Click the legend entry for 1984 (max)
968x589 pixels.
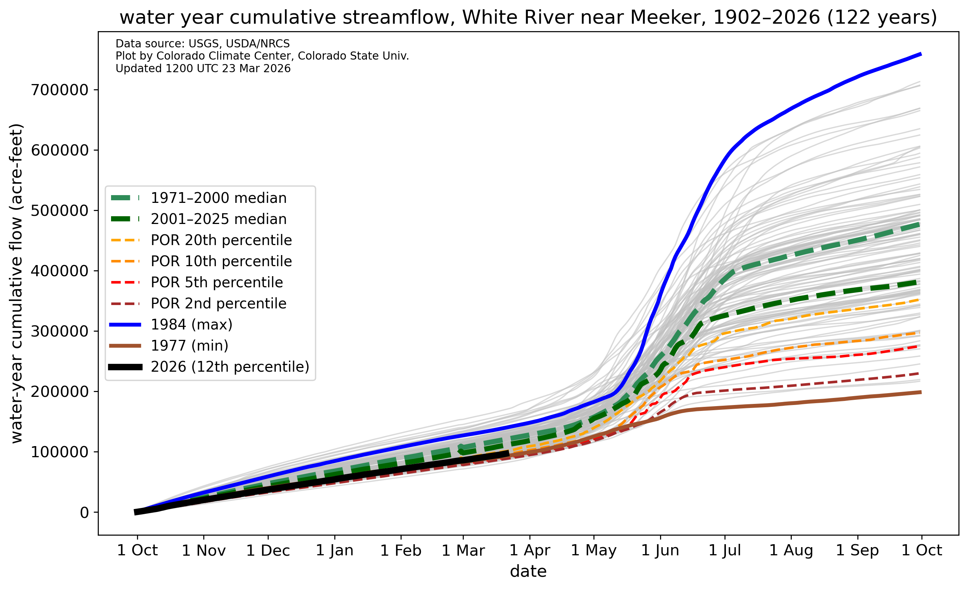pos(171,325)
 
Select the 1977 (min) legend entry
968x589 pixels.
pos(169,346)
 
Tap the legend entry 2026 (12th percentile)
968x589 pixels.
pos(209,367)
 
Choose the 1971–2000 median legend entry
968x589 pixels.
pos(199,198)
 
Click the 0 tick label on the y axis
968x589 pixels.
pos(84,513)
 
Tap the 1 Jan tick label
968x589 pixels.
pos(335,550)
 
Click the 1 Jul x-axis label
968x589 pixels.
pos(725,550)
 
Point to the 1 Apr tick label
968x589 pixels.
pos(530,550)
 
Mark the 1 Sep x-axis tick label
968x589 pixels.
pos(858,550)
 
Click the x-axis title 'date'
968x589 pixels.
pos(528,571)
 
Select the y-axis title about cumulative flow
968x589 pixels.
pos(17,284)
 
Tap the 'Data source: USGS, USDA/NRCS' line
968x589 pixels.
pos(203,44)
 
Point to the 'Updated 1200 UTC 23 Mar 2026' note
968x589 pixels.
pos(203,68)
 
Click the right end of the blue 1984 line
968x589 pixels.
pos(922,54)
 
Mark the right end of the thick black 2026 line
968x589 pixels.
pos(509,453)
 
